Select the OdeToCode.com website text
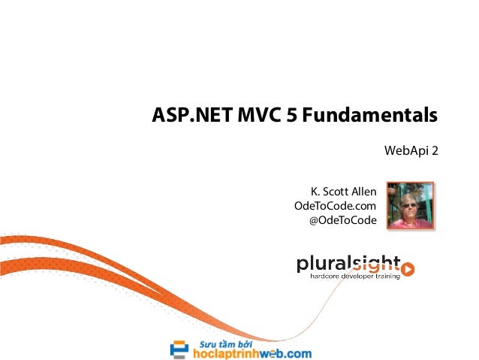[x=335, y=206]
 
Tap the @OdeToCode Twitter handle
[x=342, y=220]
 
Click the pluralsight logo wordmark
[x=347, y=264]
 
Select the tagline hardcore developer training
[x=355, y=279]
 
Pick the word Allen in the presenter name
[x=362, y=192]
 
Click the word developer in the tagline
[x=357, y=279]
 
